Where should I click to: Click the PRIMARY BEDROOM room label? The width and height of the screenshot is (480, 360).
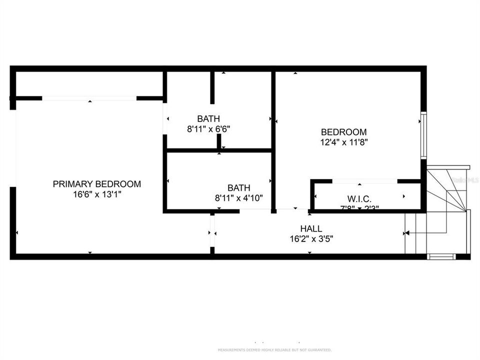(97, 184)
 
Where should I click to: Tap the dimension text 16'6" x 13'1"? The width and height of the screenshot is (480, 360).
(97, 194)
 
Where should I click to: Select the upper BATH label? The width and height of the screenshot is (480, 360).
(208, 119)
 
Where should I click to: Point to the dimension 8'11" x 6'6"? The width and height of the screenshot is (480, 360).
(208, 129)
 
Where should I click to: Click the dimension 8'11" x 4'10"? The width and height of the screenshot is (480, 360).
(239, 198)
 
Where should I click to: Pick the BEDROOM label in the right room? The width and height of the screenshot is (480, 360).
(343, 132)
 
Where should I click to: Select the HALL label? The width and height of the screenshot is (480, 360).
(311, 229)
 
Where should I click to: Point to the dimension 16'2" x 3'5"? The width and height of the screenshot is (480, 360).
(311, 239)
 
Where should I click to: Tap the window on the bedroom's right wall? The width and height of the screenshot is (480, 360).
(423, 135)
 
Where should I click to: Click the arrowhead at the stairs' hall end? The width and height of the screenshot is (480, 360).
(407, 233)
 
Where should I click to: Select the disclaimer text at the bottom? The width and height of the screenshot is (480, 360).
(274, 349)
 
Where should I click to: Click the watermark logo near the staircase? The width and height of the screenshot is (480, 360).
(469, 178)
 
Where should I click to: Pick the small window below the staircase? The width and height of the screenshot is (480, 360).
(441, 257)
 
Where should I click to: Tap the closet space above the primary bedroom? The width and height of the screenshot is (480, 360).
(89, 84)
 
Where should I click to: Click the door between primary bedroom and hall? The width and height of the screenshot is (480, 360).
(212, 232)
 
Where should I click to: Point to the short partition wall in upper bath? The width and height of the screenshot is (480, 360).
(212, 88)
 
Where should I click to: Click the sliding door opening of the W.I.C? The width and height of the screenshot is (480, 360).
(365, 181)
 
